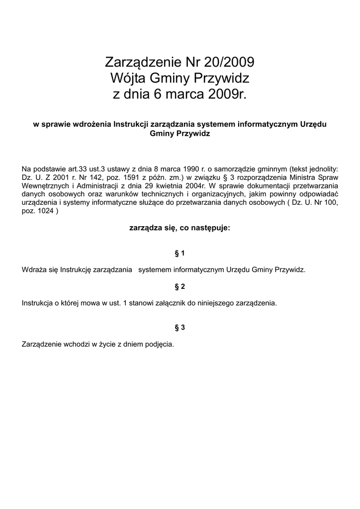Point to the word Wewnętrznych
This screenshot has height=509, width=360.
click(x=43, y=185)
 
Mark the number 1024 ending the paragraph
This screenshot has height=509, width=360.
click(x=45, y=211)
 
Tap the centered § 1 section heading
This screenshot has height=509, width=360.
click(x=180, y=253)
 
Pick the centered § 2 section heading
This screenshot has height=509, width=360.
click(x=180, y=287)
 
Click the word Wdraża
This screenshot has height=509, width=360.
click(x=33, y=270)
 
